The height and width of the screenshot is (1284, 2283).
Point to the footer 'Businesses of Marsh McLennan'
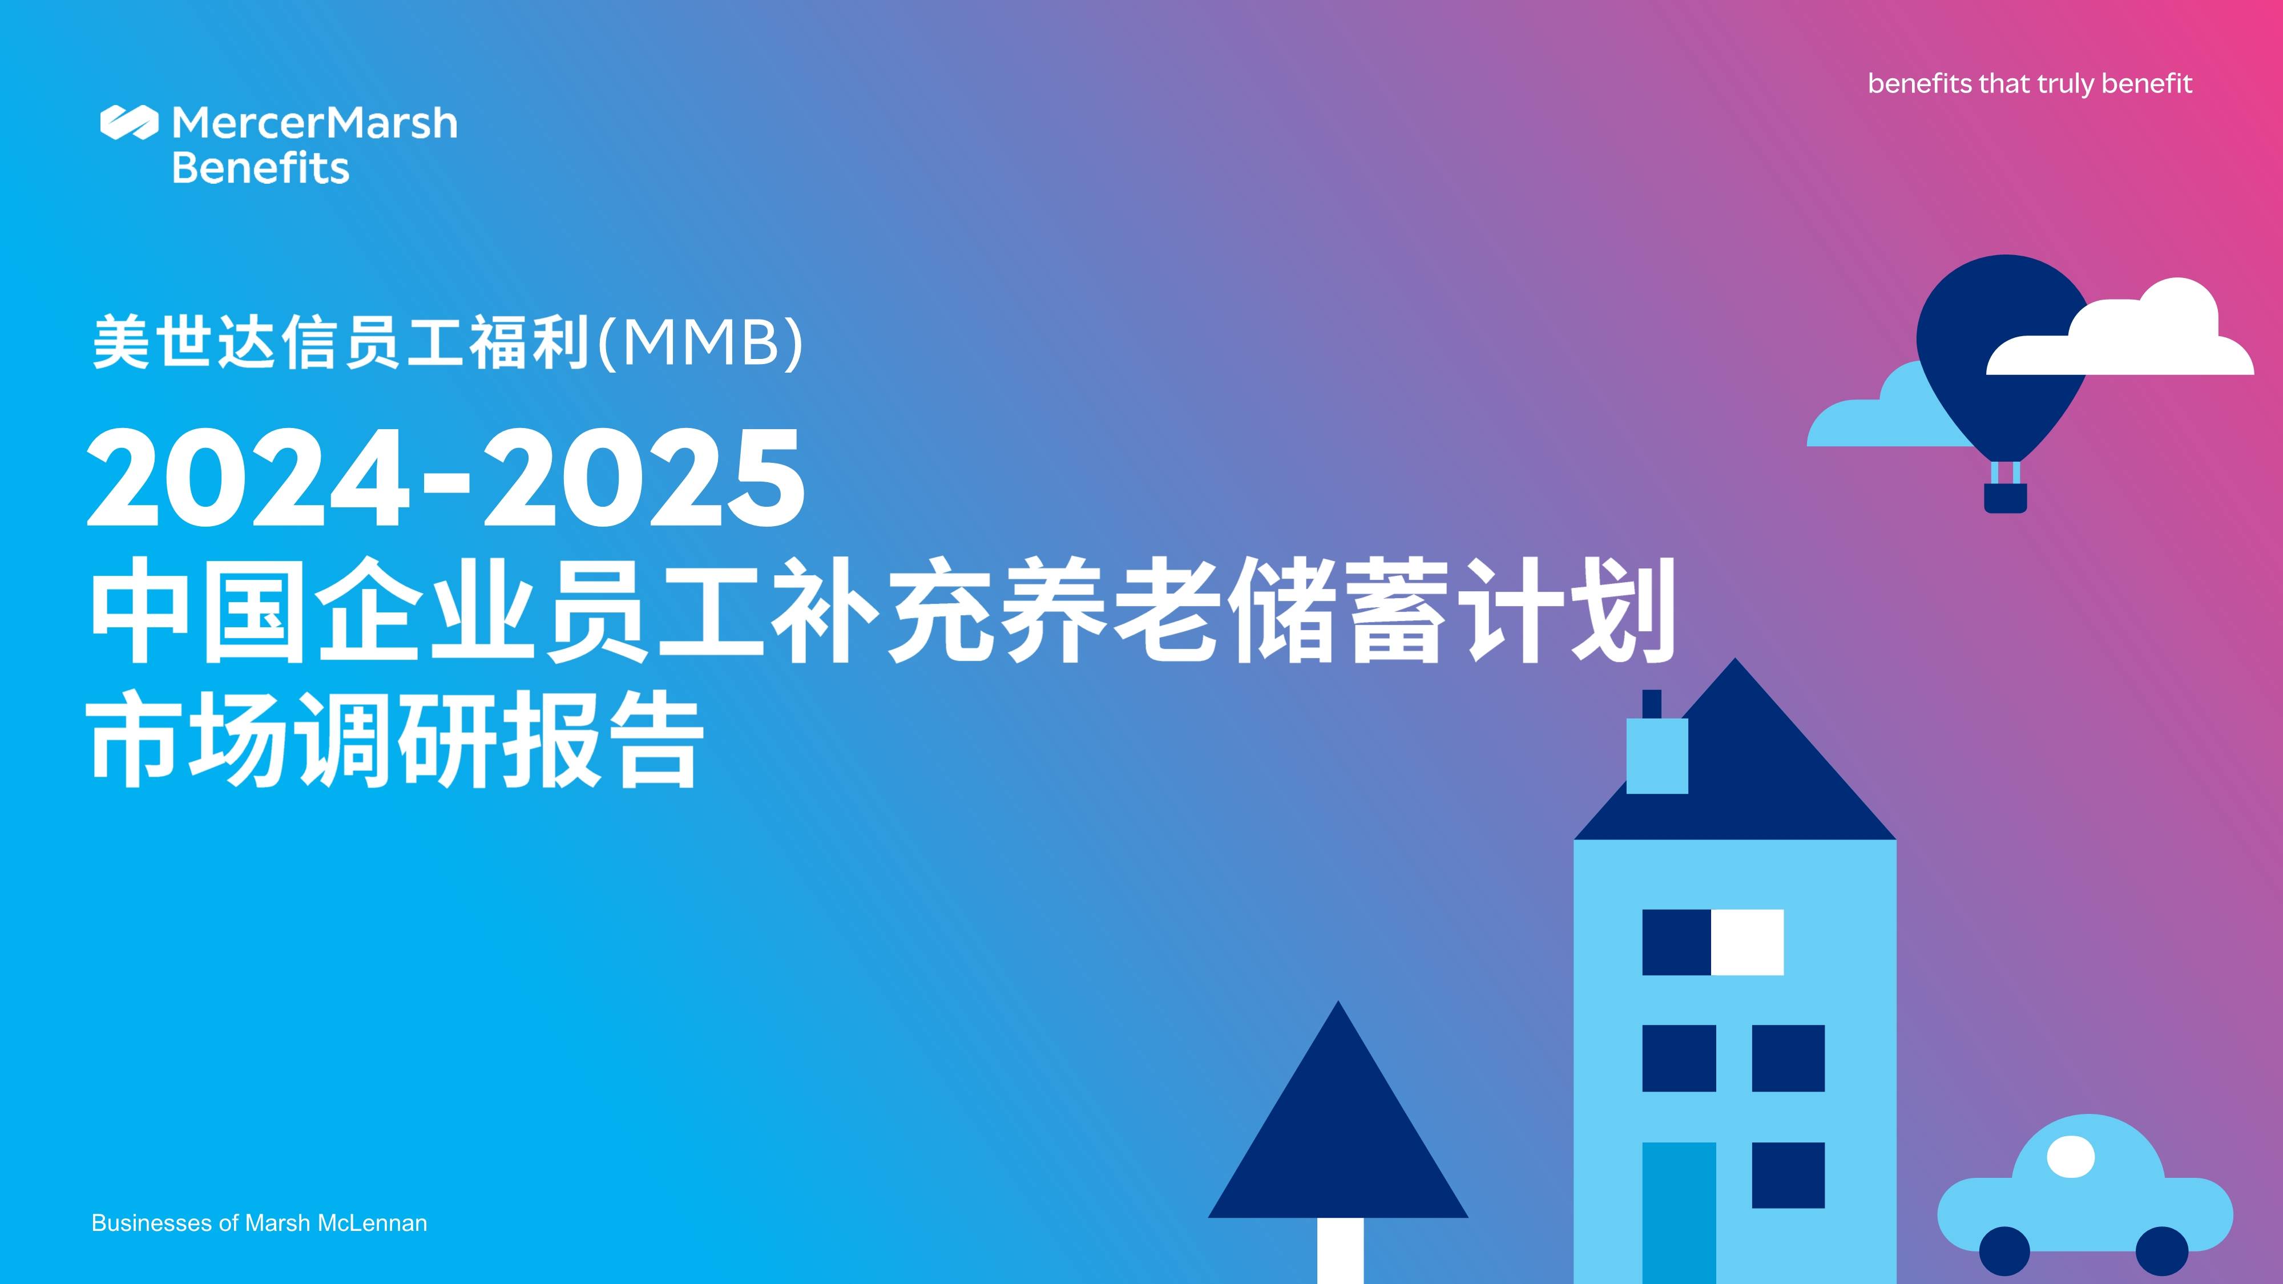[x=259, y=1223]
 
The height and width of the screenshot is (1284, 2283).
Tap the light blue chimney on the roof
[x=1656, y=755]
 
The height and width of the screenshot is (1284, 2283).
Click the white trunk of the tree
[x=1339, y=1249]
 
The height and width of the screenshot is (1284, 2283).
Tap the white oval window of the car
[x=2070, y=1156]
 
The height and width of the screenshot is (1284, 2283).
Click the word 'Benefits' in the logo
[x=261, y=167]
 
